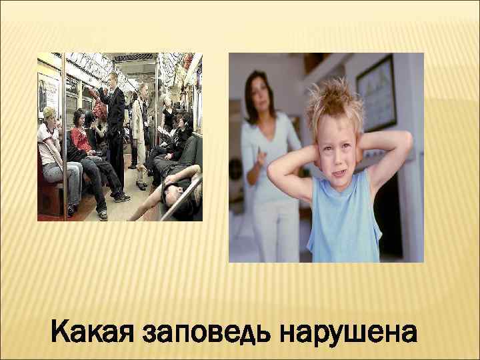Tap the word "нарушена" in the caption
click(346, 331)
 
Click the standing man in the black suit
click(115, 120)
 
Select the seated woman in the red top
click(82, 137)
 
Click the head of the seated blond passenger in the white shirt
click(49, 114)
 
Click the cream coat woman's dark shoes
click(141, 186)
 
